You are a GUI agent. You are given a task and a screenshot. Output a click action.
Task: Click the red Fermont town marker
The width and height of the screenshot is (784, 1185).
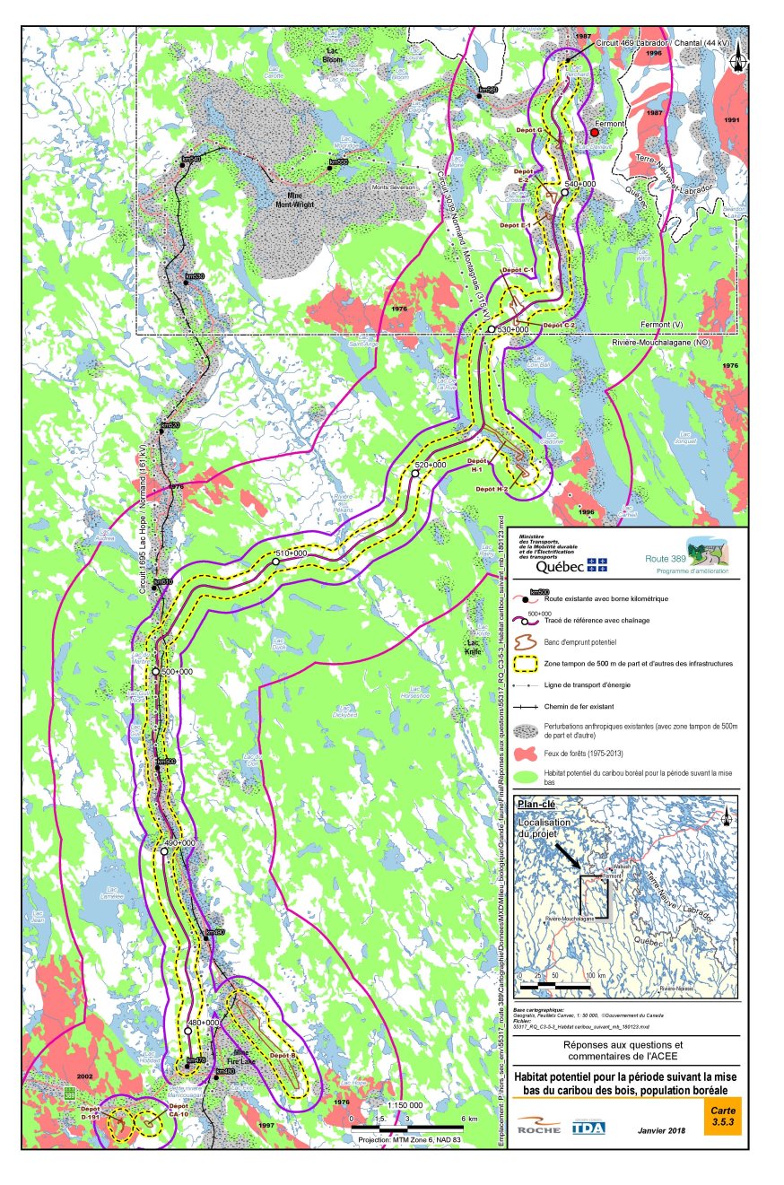click(594, 132)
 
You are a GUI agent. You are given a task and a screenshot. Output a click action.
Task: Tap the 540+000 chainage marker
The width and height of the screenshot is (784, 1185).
click(564, 193)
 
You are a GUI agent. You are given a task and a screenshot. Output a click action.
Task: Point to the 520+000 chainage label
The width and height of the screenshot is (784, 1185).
click(431, 465)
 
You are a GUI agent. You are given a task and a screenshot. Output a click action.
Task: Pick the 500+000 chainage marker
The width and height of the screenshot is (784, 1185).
click(155, 672)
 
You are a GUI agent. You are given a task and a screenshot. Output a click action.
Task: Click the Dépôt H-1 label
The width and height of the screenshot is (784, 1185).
click(475, 468)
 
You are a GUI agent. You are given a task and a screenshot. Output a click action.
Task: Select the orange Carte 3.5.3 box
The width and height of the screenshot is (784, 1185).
click(722, 1120)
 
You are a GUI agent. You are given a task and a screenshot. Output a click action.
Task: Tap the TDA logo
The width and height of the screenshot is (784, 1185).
click(588, 1127)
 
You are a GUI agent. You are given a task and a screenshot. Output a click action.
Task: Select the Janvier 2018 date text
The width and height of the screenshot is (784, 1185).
click(661, 1130)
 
